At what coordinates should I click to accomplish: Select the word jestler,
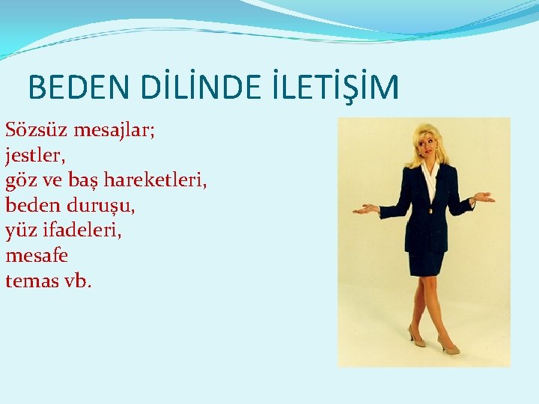[x=36, y=156]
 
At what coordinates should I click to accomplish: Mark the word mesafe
[x=37, y=256]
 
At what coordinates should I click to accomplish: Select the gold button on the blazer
[x=430, y=212]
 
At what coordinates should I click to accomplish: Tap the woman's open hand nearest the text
[x=365, y=209]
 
